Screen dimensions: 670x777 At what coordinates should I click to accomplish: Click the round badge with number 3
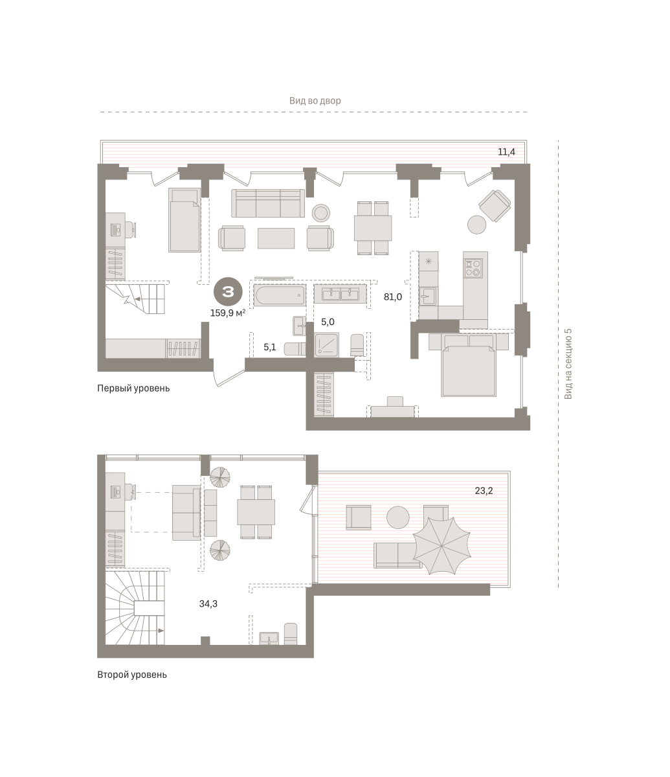pyautogui.click(x=228, y=291)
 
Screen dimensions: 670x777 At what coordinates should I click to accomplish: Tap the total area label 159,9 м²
pyautogui.click(x=228, y=313)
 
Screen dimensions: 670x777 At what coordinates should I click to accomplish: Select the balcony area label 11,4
pyautogui.click(x=506, y=152)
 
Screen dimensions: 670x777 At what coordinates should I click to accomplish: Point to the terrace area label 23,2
pyautogui.click(x=484, y=491)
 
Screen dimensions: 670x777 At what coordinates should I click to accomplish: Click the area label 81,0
pyautogui.click(x=393, y=297)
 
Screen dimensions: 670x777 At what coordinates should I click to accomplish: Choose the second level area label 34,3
pyautogui.click(x=208, y=603)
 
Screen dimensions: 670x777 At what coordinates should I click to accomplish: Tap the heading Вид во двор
pyautogui.click(x=315, y=101)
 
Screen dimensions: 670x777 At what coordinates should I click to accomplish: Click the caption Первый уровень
pyautogui.click(x=133, y=388)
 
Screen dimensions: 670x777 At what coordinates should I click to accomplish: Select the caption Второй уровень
pyautogui.click(x=132, y=675)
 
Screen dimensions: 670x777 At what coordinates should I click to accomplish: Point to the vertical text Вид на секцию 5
pyautogui.click(x=568, y=364)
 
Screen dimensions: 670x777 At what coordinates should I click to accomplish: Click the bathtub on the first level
pyautogui.click(x=279, y=295)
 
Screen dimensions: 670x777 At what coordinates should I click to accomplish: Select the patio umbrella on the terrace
pyautogui.click(x=442, y=545)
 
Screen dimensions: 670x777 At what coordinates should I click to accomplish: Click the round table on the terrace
pyautogui.click(x=398, y=517)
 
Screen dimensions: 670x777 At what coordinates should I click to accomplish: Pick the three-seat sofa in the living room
pyautogui.click(x=268, y=203)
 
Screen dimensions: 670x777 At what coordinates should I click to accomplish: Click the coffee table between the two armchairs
pyautogui.click(x=276, y=238)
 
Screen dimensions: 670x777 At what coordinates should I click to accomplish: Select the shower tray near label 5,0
pyautogui.click(x=326, y=344)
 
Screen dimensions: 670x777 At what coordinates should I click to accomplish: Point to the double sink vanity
pyautogui.click(x=340, y=294)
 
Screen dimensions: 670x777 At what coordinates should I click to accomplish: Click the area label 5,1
pyautogui.click(x=270, y=347)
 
